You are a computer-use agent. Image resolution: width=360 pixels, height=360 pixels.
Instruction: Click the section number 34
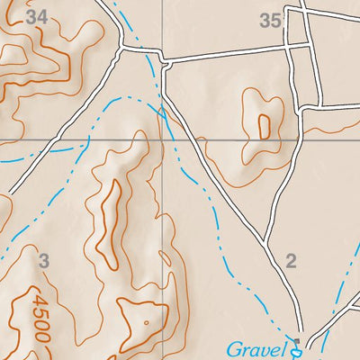coord(36,16)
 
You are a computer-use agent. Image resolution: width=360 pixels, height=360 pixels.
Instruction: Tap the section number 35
coord(272,21)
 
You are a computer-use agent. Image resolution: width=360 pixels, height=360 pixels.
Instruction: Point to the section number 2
coord(290,262)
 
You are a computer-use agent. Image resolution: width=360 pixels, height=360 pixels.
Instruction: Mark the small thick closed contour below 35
coord(264,127)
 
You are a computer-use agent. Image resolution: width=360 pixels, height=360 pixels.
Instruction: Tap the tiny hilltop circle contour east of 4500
coord(145,321)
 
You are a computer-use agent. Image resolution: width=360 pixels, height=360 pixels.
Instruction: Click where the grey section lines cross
coord(164,139)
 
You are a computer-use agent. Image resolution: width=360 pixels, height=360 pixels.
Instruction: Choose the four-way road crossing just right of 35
coord(299,43)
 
